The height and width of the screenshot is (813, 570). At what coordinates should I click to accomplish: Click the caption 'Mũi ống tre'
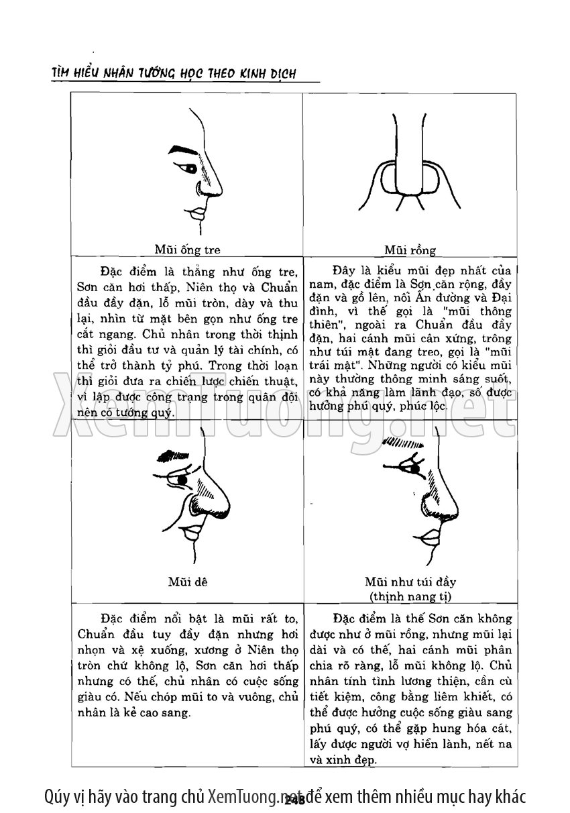[187, 250]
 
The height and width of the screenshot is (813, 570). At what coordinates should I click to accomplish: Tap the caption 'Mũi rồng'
[410, 250]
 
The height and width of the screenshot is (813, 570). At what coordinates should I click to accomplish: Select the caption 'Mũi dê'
[187, 582]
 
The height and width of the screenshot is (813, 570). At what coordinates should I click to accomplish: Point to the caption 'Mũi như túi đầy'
[410, 582]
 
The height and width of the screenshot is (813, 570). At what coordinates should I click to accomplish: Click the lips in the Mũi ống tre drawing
[198, 214]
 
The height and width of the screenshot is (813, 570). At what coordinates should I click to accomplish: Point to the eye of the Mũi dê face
[182, 480]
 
